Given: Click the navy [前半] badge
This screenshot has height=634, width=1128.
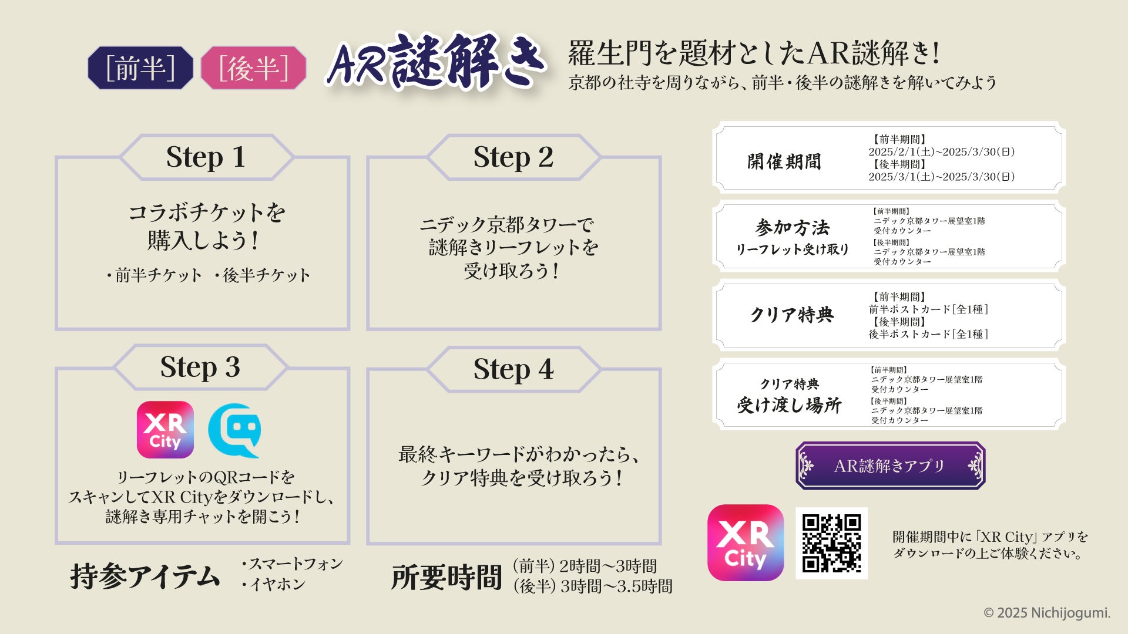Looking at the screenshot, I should (140, 68).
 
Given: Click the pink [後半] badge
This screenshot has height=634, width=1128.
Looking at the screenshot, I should (253, 68).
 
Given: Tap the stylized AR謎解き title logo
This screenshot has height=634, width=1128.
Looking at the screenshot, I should (436, 62).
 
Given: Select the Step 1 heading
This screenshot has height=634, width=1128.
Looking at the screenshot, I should (206, 157).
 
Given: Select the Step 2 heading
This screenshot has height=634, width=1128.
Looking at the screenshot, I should (513, 157).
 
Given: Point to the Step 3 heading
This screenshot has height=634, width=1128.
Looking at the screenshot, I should (200, 367).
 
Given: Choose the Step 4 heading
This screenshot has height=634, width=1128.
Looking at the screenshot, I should (513, 369).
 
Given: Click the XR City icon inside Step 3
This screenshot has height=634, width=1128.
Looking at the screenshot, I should (165, 430).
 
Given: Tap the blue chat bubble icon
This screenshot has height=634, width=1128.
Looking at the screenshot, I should (235, 430).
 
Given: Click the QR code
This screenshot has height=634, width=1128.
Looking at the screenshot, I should (831, 543).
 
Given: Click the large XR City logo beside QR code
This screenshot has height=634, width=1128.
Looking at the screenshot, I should (746, 543).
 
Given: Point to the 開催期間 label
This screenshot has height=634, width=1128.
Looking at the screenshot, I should (784, 161).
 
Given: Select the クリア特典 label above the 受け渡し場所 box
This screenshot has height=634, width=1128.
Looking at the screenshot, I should (789, 384).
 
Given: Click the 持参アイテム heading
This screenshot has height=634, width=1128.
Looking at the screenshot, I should (145, 576).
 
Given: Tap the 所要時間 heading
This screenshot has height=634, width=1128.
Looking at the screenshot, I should (446, 577).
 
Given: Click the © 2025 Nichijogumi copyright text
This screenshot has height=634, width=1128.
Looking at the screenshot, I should (1047, 613).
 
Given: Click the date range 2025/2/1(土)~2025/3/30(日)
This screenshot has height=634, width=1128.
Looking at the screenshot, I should (942, 152).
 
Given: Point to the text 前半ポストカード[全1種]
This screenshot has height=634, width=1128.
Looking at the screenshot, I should (928, 309).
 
